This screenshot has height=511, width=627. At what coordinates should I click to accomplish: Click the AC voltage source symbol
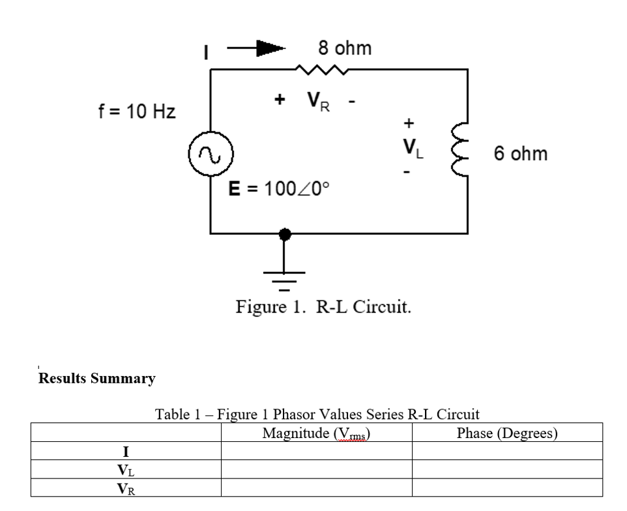tap(210, 156)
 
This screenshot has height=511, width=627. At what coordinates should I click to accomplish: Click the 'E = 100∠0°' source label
tap(280, 189)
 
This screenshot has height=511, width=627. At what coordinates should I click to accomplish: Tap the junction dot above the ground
tap(284, 233)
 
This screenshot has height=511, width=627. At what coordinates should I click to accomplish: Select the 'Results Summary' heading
tap(97, 378)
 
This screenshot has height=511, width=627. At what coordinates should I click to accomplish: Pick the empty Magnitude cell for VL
tap(316, 469)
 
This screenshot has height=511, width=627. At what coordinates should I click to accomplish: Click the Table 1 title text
tap(316, 414)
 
